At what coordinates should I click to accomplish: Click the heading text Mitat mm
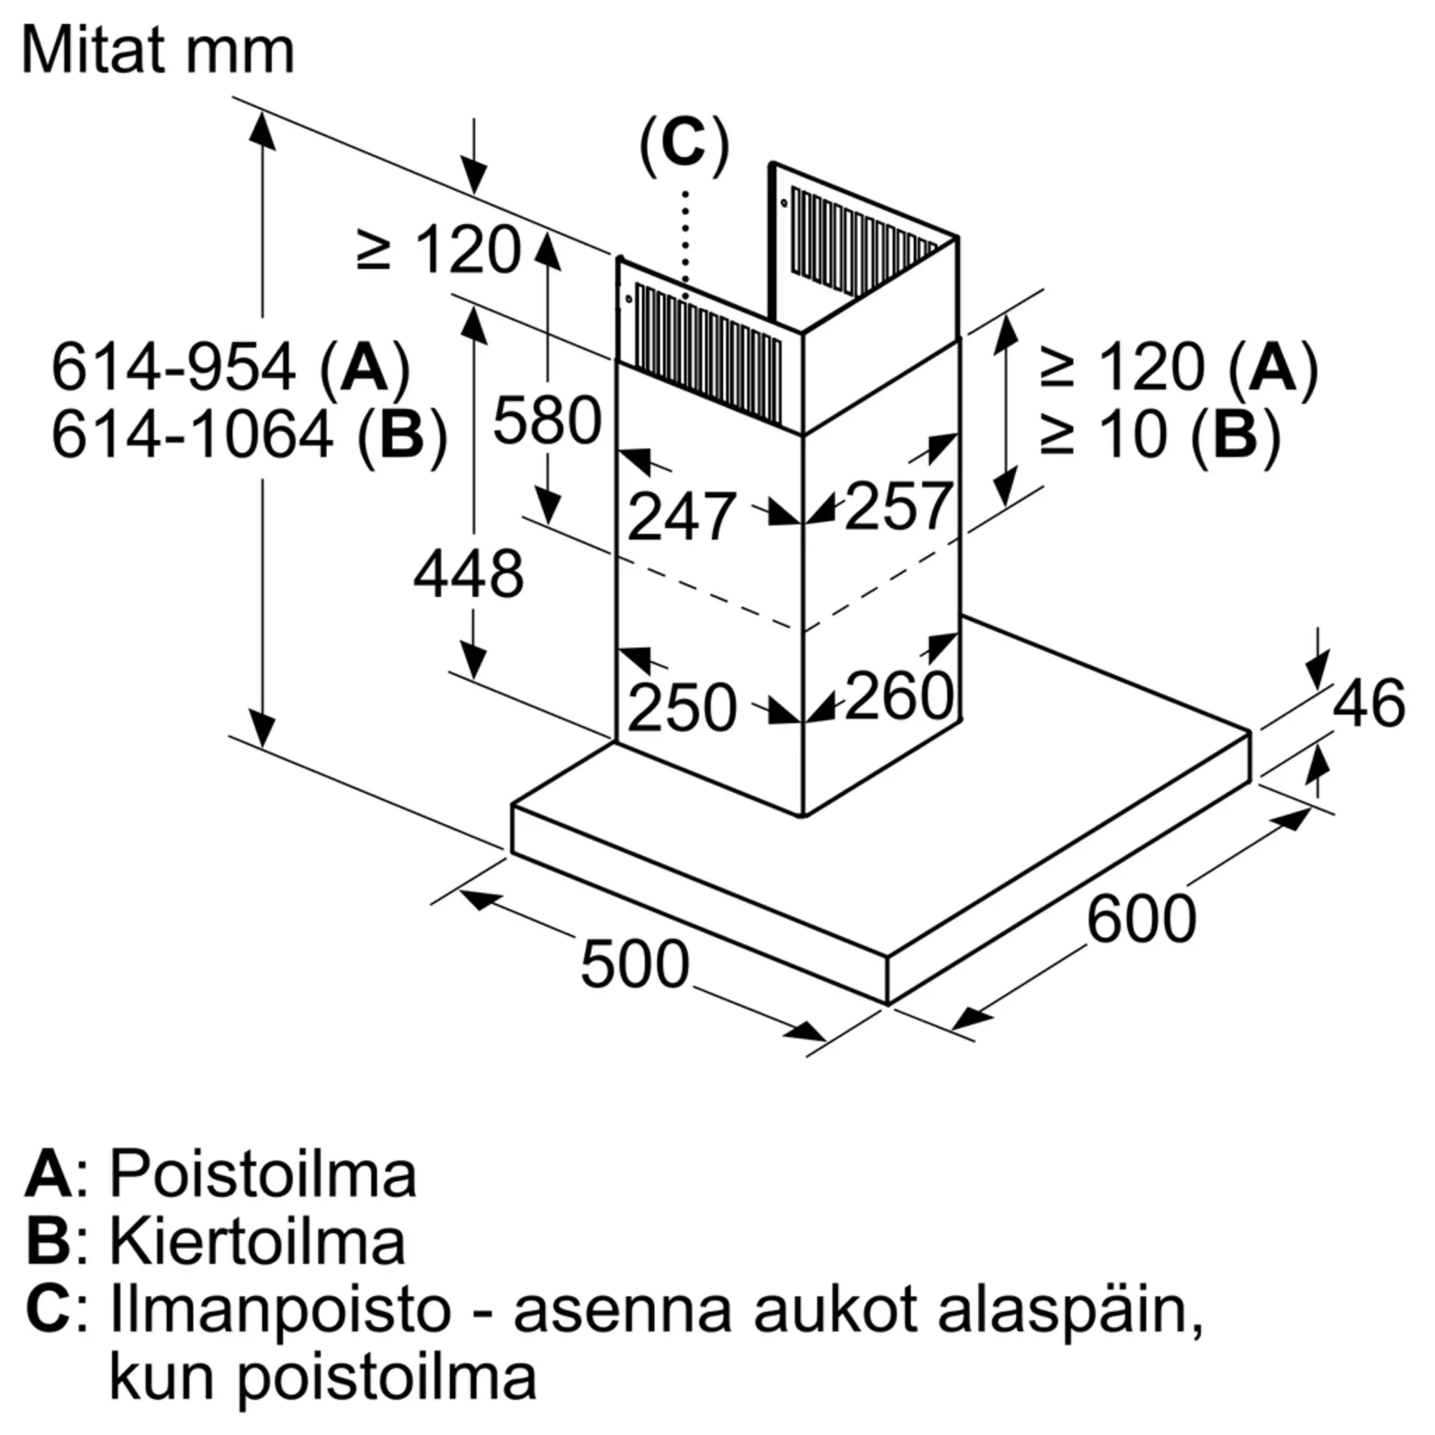coord(157,50)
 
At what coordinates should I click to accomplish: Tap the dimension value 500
coord(634,964)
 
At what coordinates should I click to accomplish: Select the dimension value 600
coord(1141,919)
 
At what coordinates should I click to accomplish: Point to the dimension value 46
coord(1368,702)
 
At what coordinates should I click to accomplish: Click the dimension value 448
coord(468,574)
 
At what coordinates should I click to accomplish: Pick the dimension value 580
coord(547,420)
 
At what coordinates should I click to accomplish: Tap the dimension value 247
coord(681,516)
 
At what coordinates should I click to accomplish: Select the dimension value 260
coord(899,695)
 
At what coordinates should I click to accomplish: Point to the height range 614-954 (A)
coord(230,367)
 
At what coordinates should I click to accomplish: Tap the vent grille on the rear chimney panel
coord(862,241)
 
